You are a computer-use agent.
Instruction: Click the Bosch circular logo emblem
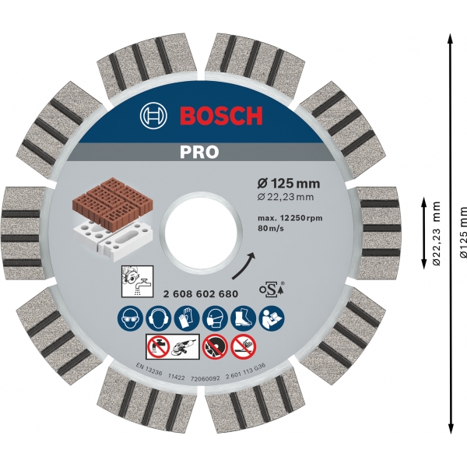pyautogui.click(x=154, y=117)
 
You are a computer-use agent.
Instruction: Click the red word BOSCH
pyautogui.click(x=222, y=117)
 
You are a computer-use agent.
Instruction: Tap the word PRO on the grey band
pyautogui.click(x=202, y=153)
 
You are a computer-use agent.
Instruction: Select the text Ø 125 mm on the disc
pyautogui.click(x=289, y=184)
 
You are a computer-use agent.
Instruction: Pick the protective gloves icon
pyautogui.click(x=187, y=318)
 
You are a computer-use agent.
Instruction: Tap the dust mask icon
pyautogui.click(x=215, y=318)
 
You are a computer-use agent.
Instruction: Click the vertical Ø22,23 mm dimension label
pyautogui.click(x=437, y=233)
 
